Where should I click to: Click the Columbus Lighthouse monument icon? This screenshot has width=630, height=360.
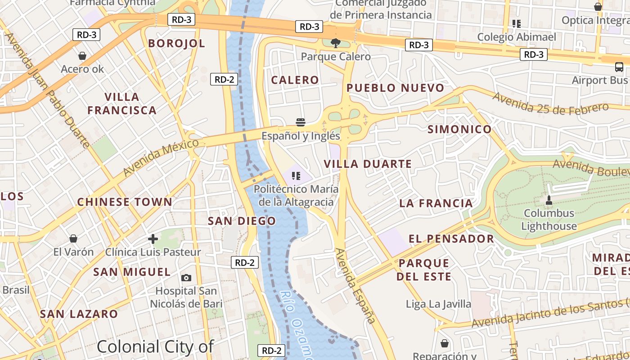pos(549,200)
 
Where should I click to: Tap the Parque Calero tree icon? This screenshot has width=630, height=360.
pos(335,43)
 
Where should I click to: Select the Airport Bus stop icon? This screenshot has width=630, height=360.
pos(619,67)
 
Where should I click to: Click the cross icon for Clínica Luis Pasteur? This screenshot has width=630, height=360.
pos(153,239)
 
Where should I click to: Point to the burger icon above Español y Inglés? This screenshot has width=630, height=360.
pos(301,122)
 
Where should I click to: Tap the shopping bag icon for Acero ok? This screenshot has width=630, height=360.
pos(82,56)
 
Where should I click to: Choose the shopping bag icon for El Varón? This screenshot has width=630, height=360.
pos(73,238)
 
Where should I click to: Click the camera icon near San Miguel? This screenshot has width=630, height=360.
pos(186,278)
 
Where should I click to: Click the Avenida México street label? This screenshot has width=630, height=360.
pos(161,157)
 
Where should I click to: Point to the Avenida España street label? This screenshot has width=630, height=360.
pos(355,286)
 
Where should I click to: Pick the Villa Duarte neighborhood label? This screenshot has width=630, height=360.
pos(368,164)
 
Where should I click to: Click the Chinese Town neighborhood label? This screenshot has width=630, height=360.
pos(125,202)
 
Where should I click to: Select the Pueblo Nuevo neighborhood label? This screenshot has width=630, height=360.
pos(396,88)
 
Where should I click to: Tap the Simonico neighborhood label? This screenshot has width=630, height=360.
pos(459,130)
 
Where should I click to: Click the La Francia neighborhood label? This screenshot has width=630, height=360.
pos(436,203)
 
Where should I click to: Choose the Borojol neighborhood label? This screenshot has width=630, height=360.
pos(176,43)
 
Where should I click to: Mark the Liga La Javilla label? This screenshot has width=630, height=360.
pos(438,304)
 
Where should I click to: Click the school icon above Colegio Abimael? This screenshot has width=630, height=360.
pos(516,23)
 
